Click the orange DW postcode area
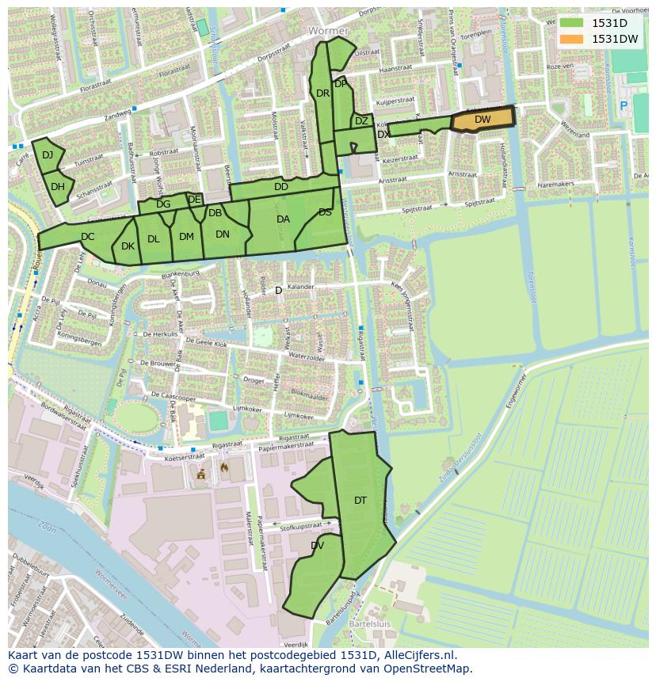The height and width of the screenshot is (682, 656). pos(482,120)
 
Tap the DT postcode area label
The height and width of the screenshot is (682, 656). pos(360,500)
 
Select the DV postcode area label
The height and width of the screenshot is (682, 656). pos(317,545)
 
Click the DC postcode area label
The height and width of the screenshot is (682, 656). pos(87,236)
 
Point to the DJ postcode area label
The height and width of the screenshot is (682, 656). pos(48,154)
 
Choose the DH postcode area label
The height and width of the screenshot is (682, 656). pos(57,187)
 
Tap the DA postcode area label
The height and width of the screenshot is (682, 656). pos(283,219)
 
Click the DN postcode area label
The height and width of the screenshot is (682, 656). pos(222,234)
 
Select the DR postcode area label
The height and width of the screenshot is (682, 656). pos(322,93)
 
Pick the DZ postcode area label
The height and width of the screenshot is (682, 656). pos(361,121)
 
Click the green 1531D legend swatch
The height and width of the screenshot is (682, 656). pos(570,23)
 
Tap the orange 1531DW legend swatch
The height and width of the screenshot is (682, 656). pos(570,38)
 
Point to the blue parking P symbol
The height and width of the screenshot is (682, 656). pos(623,105)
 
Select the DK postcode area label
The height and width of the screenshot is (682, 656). pos(128,246)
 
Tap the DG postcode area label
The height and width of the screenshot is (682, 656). pos(163,204)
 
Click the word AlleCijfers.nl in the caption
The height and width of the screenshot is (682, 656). pos(416,655)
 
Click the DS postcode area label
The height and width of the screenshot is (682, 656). pos(325,212)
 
